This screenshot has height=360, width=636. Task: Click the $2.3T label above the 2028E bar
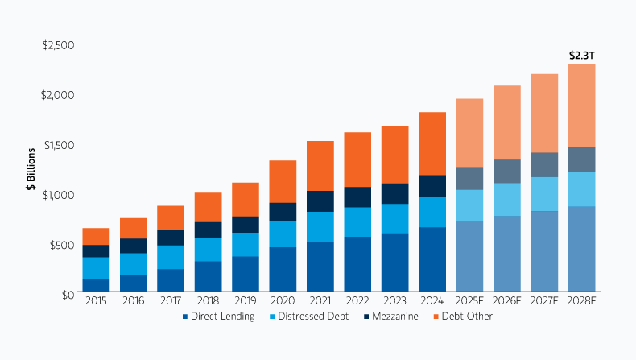[582, 56]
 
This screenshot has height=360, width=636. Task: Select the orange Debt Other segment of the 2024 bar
[432, 143]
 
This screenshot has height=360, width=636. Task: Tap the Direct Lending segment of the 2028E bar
[582, 249]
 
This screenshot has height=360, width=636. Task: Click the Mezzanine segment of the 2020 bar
[283, 211]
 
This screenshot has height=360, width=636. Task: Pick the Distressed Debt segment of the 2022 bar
[357, 221]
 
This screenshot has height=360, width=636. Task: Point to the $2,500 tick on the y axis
[58, 44]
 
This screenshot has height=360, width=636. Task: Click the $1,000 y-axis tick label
[58, 194]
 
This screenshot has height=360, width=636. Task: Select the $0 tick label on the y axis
[68, 294]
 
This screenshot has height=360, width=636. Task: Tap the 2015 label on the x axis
[96, 302]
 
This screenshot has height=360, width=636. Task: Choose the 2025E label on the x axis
[469, 302]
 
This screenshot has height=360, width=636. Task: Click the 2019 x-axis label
[245, 302]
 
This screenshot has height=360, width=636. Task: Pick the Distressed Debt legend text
[315, 317]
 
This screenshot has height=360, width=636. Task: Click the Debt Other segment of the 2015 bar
[96, 236]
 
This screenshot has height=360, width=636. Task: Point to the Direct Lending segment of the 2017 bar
[171, 279]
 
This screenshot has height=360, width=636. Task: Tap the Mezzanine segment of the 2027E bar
[544, 164]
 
